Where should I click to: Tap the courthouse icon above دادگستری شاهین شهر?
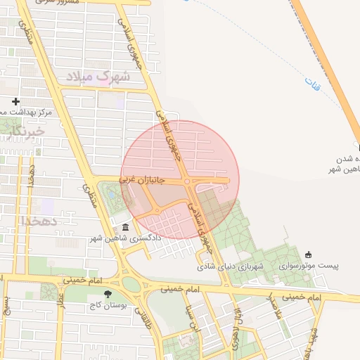[x=125, y=227]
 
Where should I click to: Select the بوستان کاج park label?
[x=105, y=307]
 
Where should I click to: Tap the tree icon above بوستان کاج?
[x=106, y=295]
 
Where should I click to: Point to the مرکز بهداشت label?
[x=25, y=112]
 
